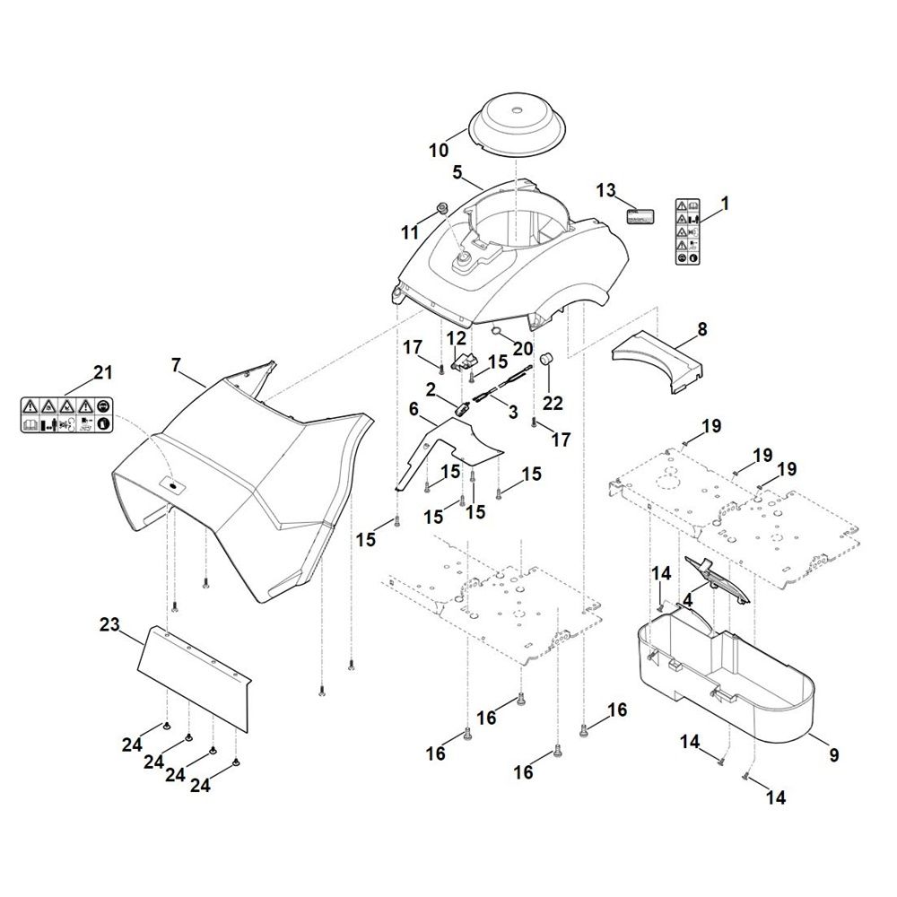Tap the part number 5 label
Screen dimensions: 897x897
click(x=457, y=170)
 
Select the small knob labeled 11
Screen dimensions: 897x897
click(x=441, y=209)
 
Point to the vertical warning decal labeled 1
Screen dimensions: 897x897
click(x=689, y=231)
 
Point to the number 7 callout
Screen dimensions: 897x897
click(x=176, y=364)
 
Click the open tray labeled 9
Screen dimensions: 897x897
click(x=727, y=682)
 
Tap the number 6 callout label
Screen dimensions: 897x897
click(x=414, y=409)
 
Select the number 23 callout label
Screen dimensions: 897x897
click(x=109, y=626)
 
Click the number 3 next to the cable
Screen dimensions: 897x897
click(x=513, y=412)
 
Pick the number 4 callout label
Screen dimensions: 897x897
click(x=685, y=599)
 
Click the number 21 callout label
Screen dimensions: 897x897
click(x=104, y=372)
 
